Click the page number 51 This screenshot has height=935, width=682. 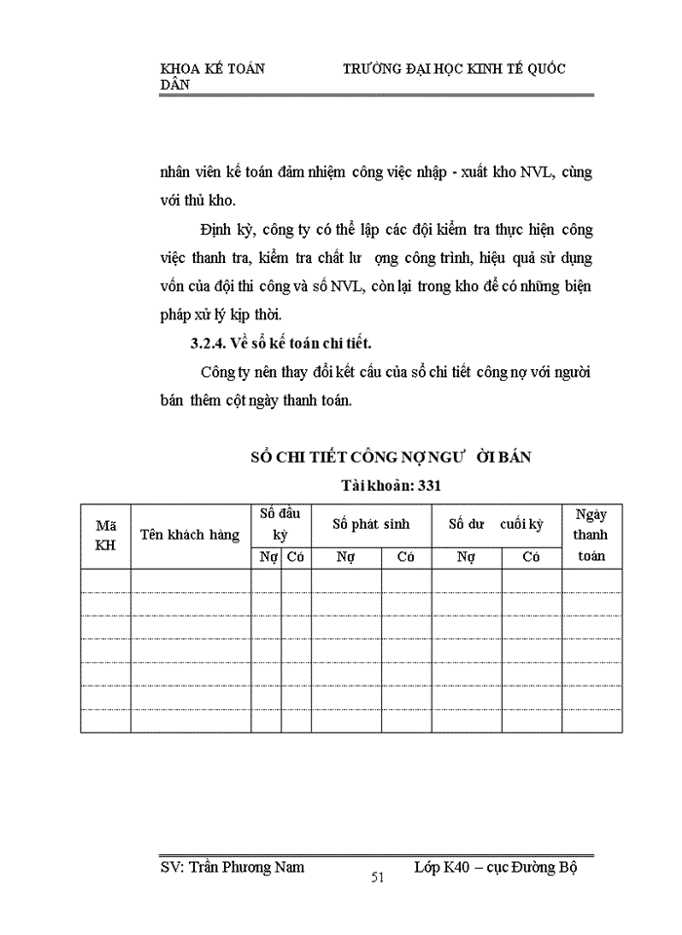378,878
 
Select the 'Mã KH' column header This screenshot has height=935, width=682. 105,535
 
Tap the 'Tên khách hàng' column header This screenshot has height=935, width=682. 190,535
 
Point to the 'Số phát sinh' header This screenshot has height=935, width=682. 370,524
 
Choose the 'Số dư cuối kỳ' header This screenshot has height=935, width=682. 496,524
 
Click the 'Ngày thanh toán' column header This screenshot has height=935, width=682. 591,536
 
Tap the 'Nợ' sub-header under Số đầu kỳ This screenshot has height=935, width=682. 266,557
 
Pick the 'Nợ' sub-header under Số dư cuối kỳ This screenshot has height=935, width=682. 467,557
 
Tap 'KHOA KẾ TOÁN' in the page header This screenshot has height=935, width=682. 212,69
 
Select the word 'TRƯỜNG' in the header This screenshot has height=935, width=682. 379,69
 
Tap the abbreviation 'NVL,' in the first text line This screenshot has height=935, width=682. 527,173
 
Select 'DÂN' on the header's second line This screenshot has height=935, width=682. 175,85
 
